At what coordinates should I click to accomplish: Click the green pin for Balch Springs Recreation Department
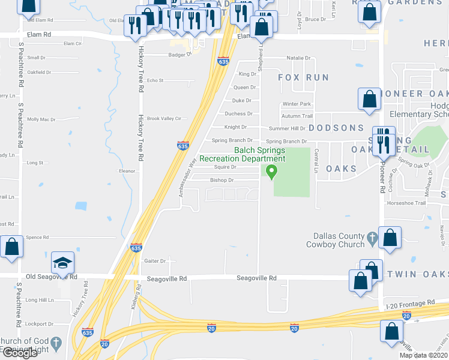tap(272, 172)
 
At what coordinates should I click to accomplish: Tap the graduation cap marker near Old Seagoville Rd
tap(62, 263)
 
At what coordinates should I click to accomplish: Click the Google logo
tap(20, 353)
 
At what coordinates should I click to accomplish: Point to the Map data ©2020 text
tap(423, 355)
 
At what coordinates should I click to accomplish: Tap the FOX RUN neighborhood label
tap(304, 77)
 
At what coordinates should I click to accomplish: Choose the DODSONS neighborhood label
tap(336, 128)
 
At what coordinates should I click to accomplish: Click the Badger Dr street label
tap(179, 53)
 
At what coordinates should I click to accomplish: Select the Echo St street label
tap(155, 80)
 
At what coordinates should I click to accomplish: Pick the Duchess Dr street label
tap(238, 113)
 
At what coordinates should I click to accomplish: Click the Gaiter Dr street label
tap(155, 260)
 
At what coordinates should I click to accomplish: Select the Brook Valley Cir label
tap(164, 118)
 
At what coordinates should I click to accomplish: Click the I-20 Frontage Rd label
tap(409, 302)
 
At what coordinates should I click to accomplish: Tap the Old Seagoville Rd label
tap(52, 277)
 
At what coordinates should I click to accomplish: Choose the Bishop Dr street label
tap(221, 180)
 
